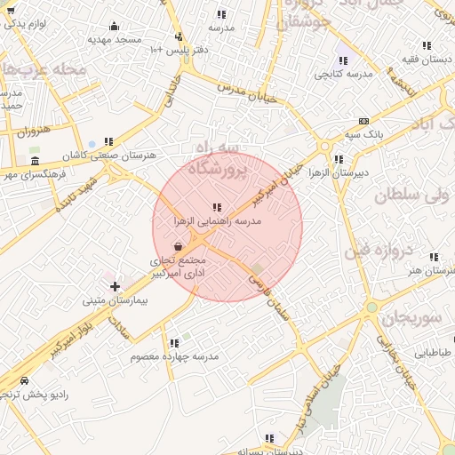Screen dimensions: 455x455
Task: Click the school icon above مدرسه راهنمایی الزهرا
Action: tap(218, 208)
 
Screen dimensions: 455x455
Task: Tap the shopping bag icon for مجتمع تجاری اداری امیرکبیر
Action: tap(179, 246)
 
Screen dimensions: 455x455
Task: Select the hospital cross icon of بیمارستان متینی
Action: tap(115, 285)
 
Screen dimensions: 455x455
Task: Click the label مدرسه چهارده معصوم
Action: tap(174, 356)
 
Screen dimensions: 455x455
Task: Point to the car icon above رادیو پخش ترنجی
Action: tap(24, 379)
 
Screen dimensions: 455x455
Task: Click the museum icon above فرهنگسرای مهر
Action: tap(35, 161)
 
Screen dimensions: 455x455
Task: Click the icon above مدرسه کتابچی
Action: tap(343, 60)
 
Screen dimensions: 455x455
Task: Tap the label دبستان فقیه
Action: tap(427, 59)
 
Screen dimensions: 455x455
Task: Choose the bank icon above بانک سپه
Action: tap(363, 121)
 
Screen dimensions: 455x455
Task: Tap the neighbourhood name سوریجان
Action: tap(412, 317)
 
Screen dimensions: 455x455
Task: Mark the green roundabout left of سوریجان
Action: tap(371, 307)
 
